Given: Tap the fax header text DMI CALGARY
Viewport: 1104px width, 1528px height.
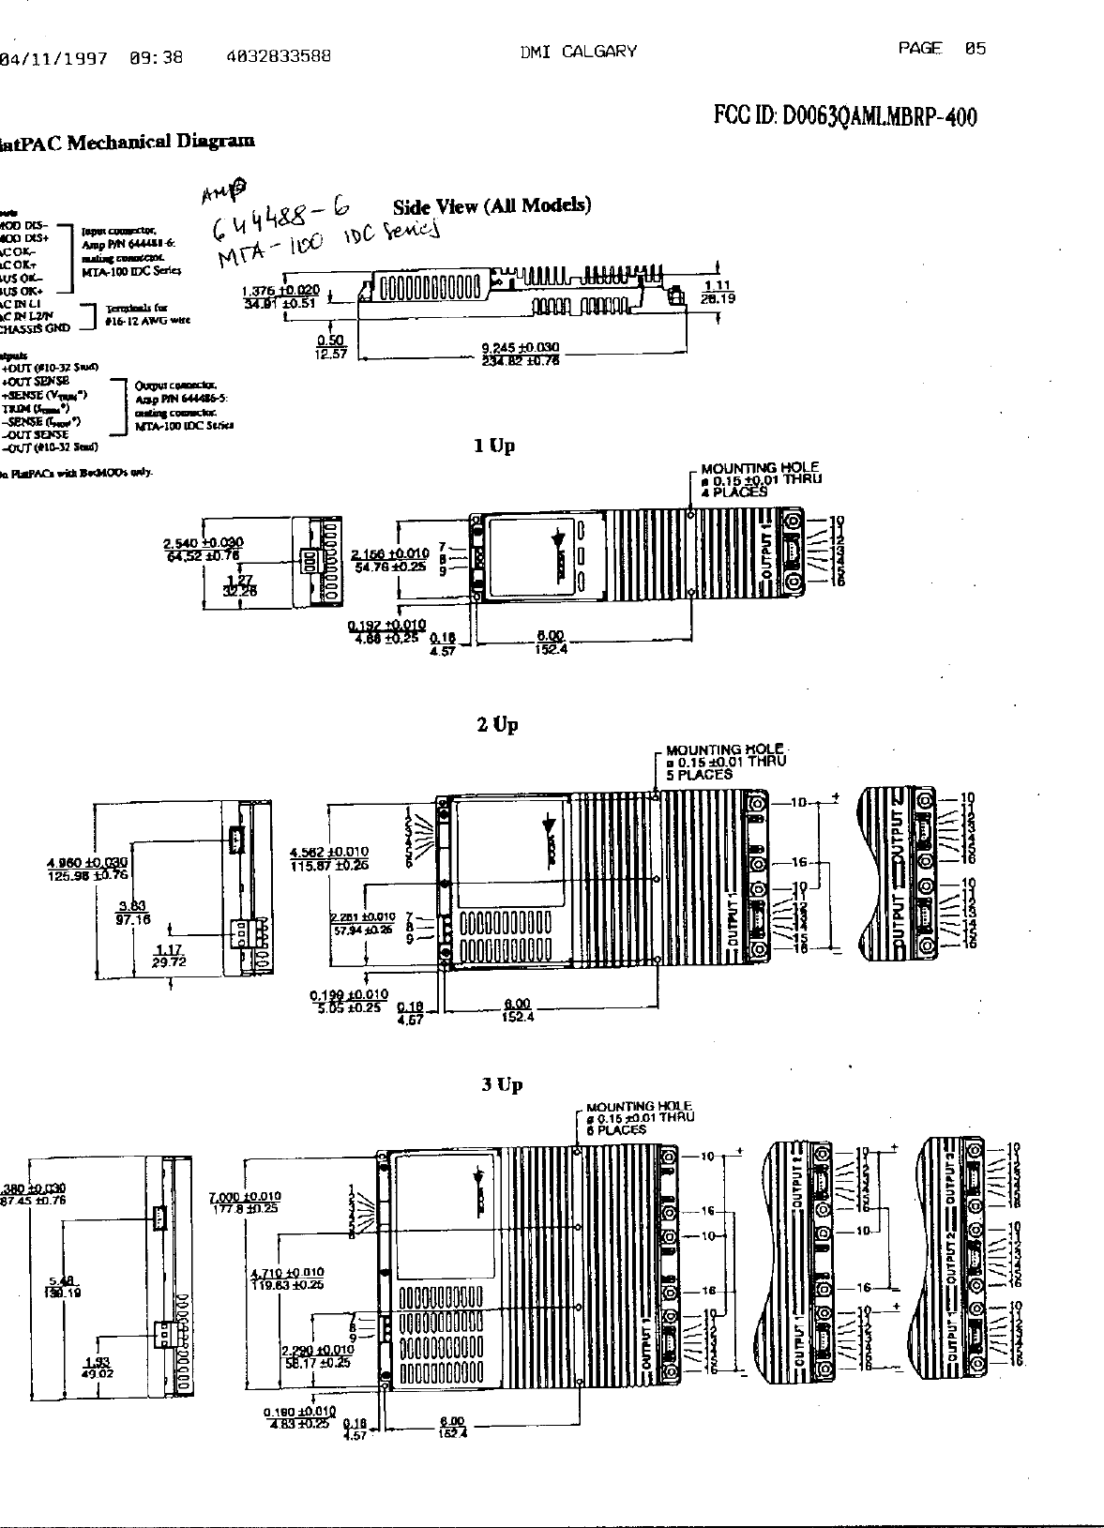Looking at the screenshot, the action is pyautogui.click(x=578, y=53).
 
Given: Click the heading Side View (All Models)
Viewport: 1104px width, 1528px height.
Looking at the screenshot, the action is pyautogui.click(x=492, y=206).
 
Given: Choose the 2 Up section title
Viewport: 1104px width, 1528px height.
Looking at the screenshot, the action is pyautogui.click(x=497, y=725).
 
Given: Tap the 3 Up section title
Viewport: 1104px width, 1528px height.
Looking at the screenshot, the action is pyautogui.click(x=502, y=1085).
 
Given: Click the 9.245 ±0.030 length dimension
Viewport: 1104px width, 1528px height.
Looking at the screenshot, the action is pyautogui.click(x=520, y=347).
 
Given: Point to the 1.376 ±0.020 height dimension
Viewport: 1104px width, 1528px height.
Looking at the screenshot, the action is pyautogui.click(x=280, y=291).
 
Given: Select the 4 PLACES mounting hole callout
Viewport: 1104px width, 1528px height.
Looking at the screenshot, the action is pyautogui.click(x=734, y=492).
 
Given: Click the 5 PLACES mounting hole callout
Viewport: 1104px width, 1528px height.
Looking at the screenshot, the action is pyautogui.click(x=699, y=775).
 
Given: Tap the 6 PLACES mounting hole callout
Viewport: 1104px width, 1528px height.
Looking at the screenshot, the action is pyautogui.click(x=616, y=1129).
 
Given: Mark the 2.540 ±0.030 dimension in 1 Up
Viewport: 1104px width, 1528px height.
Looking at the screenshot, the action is pyautogui.click(x=203, y=542).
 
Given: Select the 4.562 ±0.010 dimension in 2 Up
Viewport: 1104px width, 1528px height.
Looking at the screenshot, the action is pyautogui.click(x=329, y=852).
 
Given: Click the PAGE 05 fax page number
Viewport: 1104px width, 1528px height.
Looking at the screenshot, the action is pyautogui.click(x=941, y=49).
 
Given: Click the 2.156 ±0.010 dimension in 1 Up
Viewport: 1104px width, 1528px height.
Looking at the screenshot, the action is pyautogui.click(x=390, y=553).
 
